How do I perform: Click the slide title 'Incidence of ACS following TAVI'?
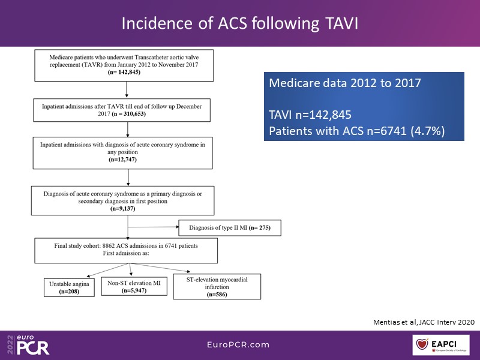(240, 23)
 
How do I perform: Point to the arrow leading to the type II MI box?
(153, 228)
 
